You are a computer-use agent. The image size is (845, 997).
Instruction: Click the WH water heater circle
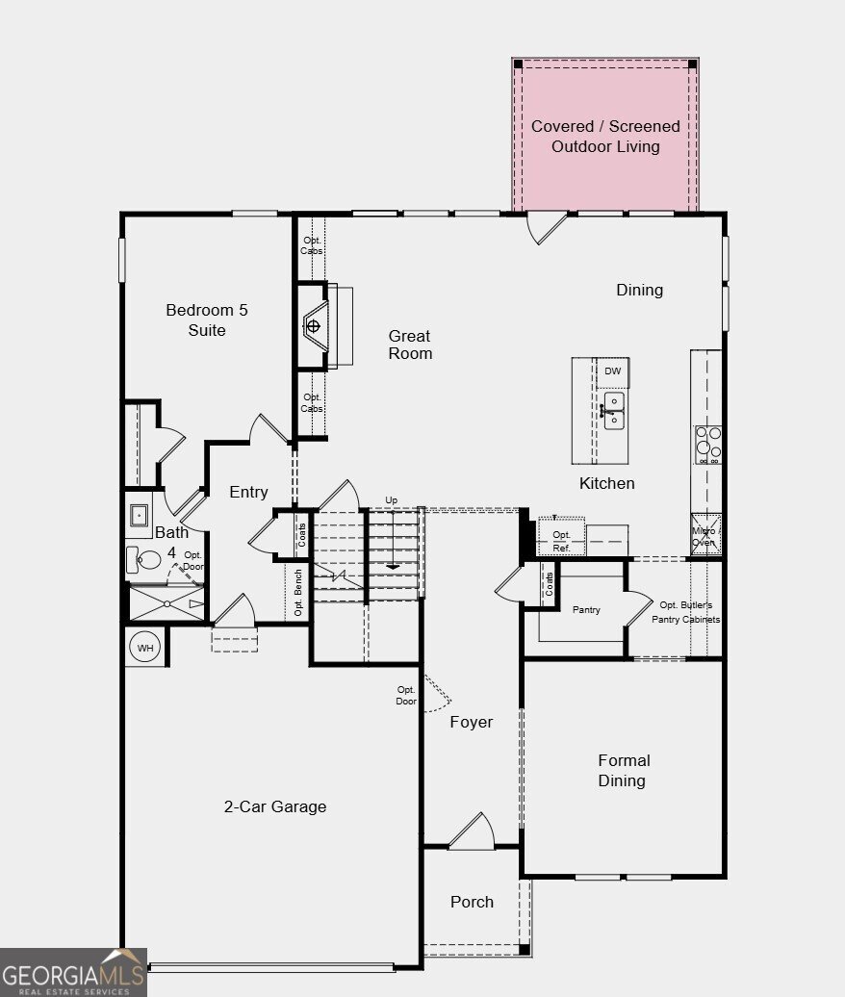(145, 648)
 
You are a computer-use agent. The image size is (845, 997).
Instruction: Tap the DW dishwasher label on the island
(612, 371)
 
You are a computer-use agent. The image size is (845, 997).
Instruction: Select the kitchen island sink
(614, 411)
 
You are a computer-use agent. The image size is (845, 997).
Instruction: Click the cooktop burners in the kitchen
(708, 445)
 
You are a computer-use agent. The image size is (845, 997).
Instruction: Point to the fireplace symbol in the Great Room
(314, 326)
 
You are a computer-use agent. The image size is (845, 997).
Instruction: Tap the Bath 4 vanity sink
(139, 515)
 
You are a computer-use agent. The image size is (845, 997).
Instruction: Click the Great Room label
(410, 345)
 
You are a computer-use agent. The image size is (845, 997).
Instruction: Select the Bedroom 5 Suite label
(207, 320)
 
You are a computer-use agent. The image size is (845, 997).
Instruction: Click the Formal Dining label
(624, 771)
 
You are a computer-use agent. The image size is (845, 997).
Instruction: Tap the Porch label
(472, 902)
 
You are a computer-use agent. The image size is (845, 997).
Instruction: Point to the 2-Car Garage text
(275, 806)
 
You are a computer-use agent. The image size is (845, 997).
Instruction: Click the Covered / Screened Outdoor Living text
(605, 136)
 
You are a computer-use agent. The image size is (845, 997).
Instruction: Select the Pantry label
(586, 610)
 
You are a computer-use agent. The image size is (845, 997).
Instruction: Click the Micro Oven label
(704, 537)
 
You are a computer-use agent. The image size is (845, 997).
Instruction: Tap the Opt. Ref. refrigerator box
(561, 538)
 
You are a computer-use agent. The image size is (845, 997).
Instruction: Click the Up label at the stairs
(392, 500)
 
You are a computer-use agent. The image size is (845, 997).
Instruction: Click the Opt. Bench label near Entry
(298, 593)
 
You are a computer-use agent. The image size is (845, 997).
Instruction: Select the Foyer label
(472, 723)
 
